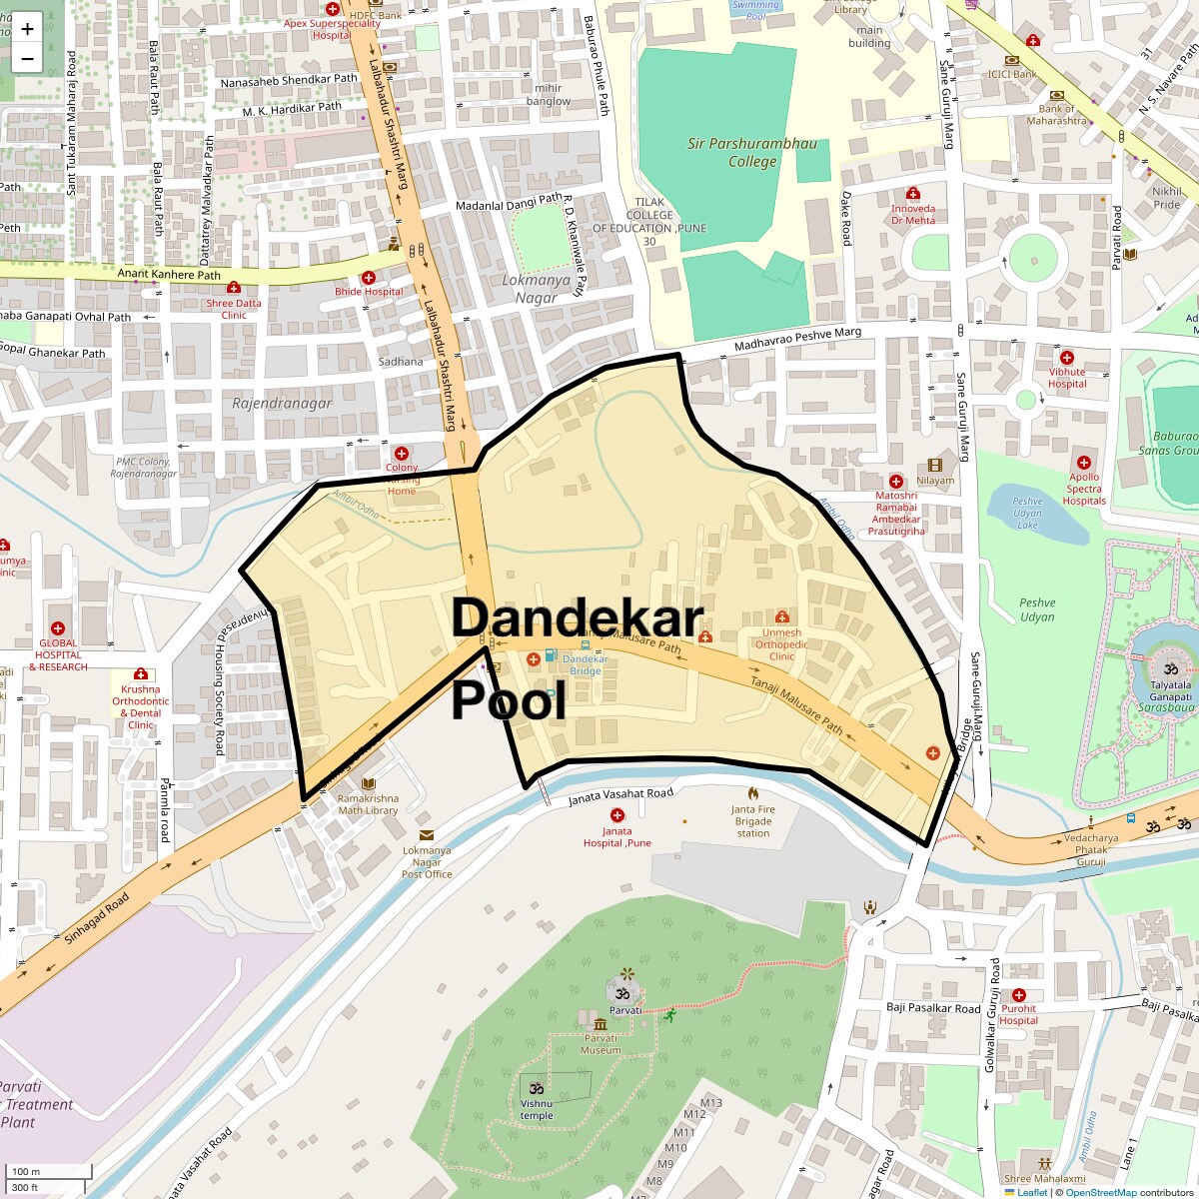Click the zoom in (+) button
point(27,29)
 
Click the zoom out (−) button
point(27,58)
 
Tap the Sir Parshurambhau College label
point(752,152)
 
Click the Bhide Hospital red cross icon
point(369,277)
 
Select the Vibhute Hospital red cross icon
point(1067,357)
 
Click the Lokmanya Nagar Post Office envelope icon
point(427,835)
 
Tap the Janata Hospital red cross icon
point(616,816)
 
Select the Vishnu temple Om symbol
point(536,1087)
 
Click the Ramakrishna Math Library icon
point(368,784)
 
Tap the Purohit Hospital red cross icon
point(1019,995)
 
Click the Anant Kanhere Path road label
point(169,275)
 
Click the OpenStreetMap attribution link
point(1100,1192)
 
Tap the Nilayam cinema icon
point(935,466)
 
